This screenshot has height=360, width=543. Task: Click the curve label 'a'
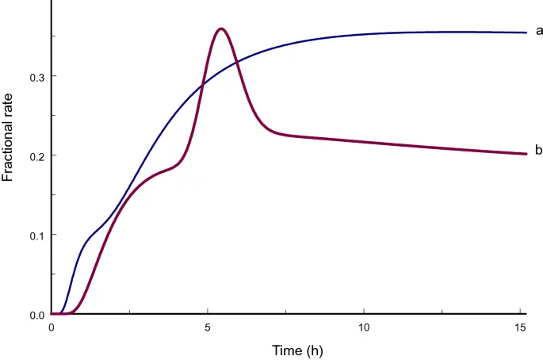click(x=539, y=31)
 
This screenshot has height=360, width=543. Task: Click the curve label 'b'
click(x=539, y=150)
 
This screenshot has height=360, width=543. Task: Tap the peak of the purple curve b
click(x=220, y=29)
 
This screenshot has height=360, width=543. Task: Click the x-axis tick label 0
click(x=52, y=327)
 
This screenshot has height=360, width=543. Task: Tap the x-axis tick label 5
click(x=208, y=327)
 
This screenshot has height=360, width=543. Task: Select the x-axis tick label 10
click(x=364, y=327)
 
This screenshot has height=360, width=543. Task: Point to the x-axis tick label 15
click(x=520, y=327)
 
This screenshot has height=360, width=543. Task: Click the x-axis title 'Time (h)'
click(x=297, y=350)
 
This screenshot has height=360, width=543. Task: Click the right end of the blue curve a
click(x=526, y=33)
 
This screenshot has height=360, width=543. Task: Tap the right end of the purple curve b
click(x=526, y=154)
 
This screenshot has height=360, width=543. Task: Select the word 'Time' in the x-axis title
click(x=285, y=350)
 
